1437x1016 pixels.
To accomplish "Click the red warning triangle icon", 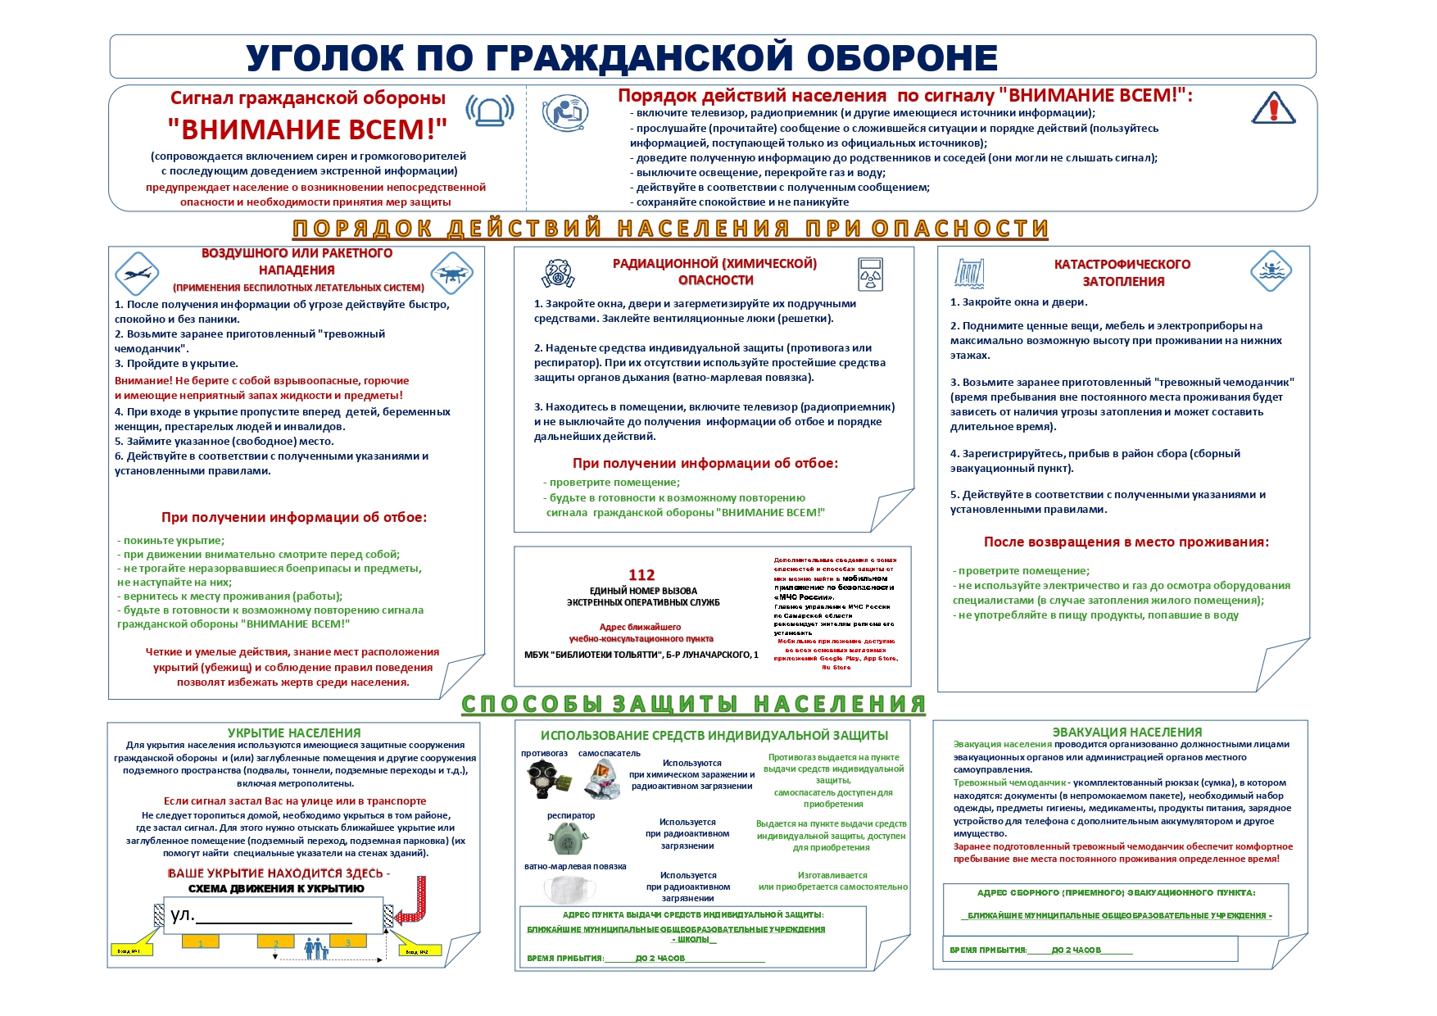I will click(x=1273, y=108).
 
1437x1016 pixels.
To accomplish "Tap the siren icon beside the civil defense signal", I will click(x=489, y=111).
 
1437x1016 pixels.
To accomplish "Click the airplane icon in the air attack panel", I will click(x=137, y=274).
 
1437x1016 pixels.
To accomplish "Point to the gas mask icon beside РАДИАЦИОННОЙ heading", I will click(x=558, y=273).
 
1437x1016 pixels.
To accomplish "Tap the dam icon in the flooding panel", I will click(x=969, y=273).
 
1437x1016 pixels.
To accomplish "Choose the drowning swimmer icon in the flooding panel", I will click(x=1271, y=271).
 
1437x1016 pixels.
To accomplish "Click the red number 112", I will click(x=641, y=575).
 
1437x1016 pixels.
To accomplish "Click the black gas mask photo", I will click(x=543, y=778).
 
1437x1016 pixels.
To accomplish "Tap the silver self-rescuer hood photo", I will click(x=602, y=779).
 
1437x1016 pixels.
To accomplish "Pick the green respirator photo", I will click(x=566, y=838).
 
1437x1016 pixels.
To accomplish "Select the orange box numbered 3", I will click(x=348, y=943).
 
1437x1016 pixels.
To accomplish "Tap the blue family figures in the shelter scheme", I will click(x=315, y=949).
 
